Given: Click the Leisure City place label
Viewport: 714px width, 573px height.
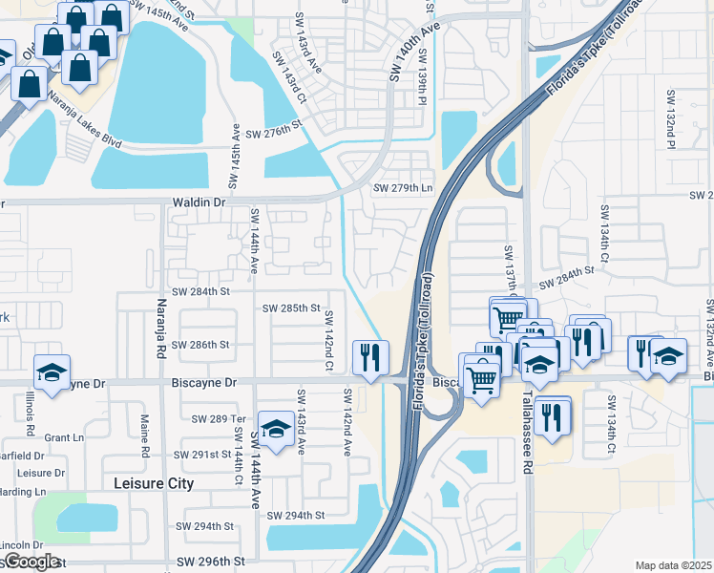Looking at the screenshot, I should pos(153,483).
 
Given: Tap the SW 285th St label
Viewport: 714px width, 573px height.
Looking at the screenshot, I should pos(290,308).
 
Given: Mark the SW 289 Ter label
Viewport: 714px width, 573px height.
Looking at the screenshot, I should pos(219,418).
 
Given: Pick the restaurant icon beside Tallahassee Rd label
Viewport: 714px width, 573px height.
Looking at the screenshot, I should pos(552,415).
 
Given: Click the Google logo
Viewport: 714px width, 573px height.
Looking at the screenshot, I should pos(31,562).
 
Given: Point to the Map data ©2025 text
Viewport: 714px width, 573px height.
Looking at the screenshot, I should pos(673,565).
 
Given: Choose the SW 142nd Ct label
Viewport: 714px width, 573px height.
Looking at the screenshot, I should pos(328,334).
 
